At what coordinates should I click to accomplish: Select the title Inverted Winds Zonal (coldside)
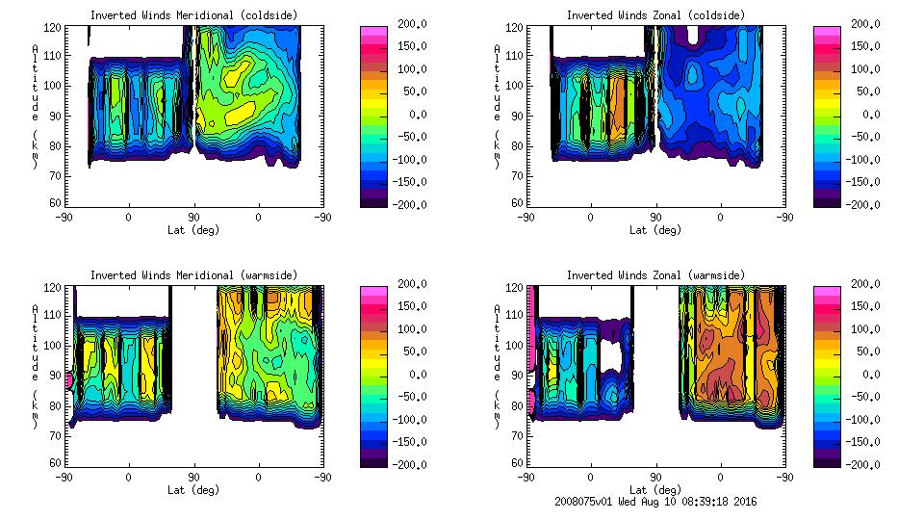(x=654, y=15)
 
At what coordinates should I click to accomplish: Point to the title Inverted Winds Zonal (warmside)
(x=654, y=275)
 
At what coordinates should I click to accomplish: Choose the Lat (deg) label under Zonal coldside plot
(x=654, y=230)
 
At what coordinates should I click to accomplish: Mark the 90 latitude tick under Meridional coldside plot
(x=193, y=218)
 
